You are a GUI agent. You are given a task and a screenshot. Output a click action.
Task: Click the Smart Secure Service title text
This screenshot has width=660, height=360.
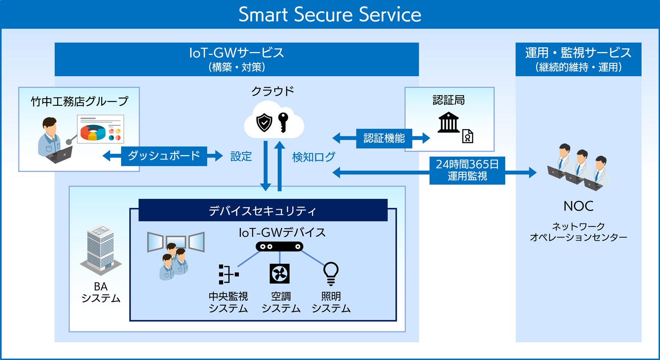[330, 15]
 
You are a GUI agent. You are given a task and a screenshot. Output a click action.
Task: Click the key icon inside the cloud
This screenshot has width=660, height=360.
[283, 122]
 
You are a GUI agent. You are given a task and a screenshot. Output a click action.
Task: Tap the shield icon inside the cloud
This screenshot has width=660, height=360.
[264, 123]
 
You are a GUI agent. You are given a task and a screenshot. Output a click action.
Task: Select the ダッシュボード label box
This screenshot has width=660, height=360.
[164, 156]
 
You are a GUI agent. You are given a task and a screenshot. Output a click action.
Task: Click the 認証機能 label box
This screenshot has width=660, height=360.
[384, 138]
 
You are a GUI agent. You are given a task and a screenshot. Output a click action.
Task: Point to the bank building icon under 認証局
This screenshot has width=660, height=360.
[448, 122]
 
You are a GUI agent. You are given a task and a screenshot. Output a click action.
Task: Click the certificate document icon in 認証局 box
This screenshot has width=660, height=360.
[467, 136]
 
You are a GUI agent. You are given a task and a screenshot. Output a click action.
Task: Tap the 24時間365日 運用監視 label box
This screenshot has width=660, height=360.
[467, 170]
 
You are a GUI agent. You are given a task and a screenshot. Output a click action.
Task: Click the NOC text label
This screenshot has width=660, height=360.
[578, 206]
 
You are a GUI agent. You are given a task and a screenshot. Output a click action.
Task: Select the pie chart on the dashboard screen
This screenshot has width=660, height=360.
[93, 132]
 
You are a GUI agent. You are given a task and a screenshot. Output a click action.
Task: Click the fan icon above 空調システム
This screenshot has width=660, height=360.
[279, 273]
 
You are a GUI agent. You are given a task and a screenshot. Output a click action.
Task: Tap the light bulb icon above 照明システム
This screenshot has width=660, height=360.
[331, 273]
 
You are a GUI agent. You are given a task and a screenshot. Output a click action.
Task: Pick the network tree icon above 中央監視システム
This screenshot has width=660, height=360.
[228, 274]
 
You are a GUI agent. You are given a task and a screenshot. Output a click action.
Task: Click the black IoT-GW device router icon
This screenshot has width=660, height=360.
[279, 246]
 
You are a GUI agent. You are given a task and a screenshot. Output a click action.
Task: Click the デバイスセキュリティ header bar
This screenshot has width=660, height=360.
[263, 210]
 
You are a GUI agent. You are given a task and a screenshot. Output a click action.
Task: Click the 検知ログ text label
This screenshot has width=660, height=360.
[313, 157]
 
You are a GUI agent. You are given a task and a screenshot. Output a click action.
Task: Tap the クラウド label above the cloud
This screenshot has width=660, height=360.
[272, 91]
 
